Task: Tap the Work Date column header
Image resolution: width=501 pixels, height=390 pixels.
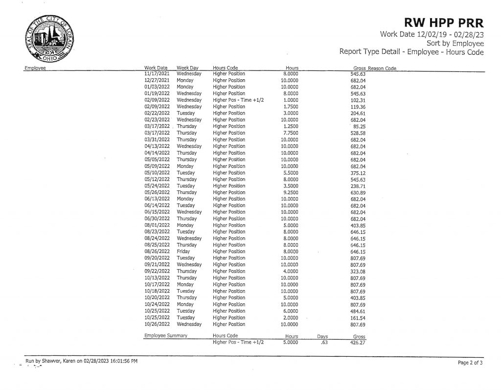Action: (x=156, y=68)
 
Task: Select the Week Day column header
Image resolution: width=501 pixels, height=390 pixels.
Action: (x=187, y=68)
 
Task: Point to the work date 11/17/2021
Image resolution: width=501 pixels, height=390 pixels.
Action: (x=157, y=73)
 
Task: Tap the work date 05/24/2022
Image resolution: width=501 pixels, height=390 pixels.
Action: (x=157, y=186)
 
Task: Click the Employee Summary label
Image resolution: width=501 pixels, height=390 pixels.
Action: (x=166, y=336)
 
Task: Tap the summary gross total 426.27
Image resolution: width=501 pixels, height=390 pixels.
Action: (x=359, y=343)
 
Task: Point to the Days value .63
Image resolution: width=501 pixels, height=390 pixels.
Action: (x=323, y=343)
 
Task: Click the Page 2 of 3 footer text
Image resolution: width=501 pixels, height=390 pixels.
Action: (x=470, y=363)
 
